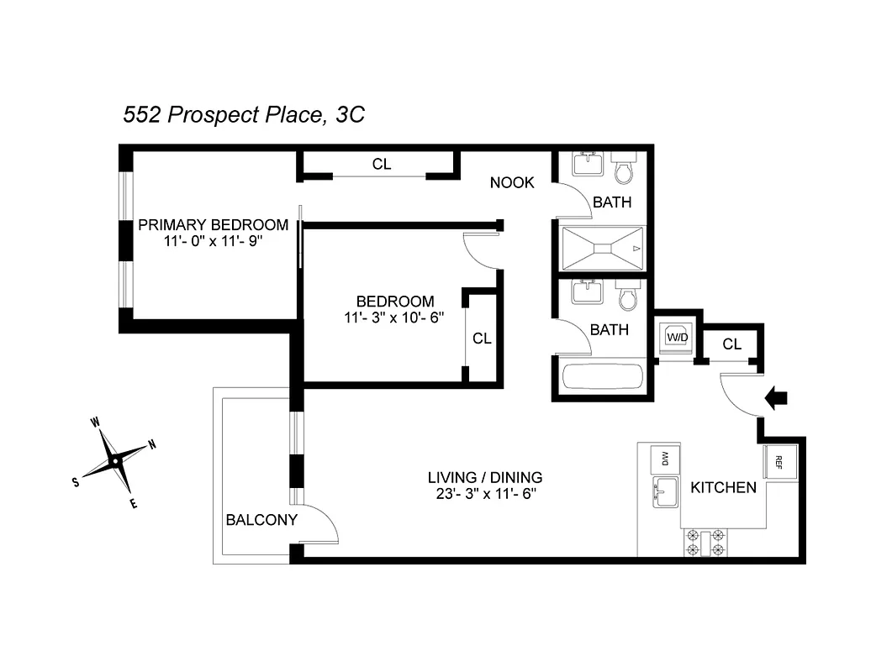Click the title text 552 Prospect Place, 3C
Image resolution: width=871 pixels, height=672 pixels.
244,115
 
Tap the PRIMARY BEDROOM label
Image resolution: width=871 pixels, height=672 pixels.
213,225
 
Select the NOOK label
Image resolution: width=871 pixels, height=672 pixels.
512,182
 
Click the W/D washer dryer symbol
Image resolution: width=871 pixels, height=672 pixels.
678,337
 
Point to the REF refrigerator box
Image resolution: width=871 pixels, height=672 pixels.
778,461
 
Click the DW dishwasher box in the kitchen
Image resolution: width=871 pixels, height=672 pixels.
664,459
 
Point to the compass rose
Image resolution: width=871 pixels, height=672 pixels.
114,460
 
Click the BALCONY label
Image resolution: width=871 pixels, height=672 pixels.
261,520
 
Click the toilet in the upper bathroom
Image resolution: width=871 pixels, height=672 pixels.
624,170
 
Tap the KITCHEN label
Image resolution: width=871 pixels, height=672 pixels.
723,487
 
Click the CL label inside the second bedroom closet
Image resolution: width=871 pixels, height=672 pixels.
482,339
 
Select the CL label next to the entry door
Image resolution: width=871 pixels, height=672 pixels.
731,344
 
